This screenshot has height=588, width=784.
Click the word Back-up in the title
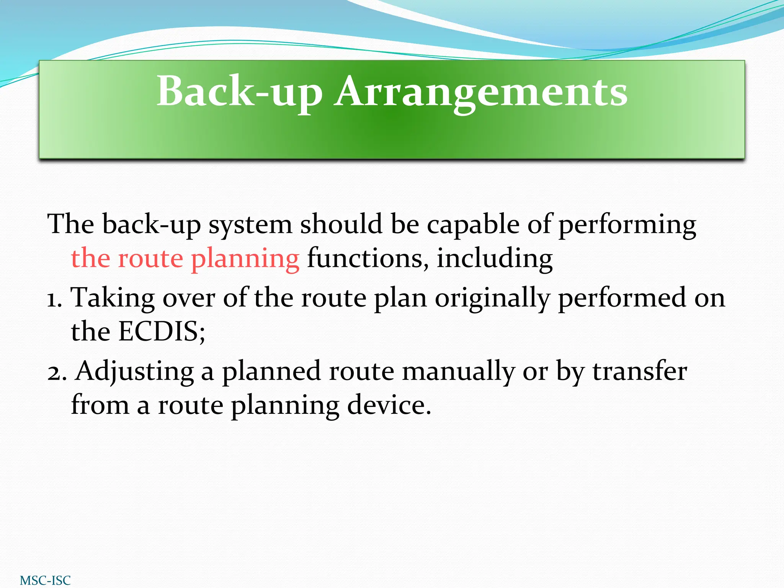240,92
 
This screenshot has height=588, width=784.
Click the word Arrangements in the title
481,92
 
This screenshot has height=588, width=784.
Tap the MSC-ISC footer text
45,580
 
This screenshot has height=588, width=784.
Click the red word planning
245,259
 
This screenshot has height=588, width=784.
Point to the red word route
150,259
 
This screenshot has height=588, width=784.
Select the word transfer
640,371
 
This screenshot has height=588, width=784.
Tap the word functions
367,258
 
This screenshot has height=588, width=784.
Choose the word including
495,259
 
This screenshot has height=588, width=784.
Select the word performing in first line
627,225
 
